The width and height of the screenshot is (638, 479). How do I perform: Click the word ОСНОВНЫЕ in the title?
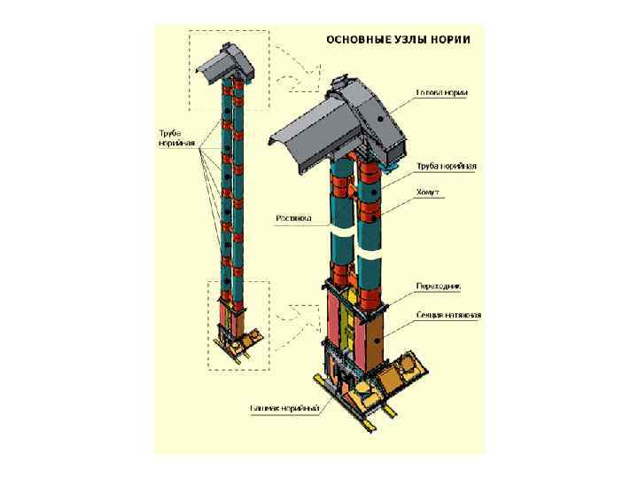coord(358,40)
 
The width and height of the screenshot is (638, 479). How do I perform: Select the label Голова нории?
coord(443,93)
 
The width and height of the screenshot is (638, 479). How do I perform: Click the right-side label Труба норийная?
coord(447,166)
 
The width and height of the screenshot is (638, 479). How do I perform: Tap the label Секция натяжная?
coord(448,315)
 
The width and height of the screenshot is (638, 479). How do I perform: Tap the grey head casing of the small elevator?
coord(223,62)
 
